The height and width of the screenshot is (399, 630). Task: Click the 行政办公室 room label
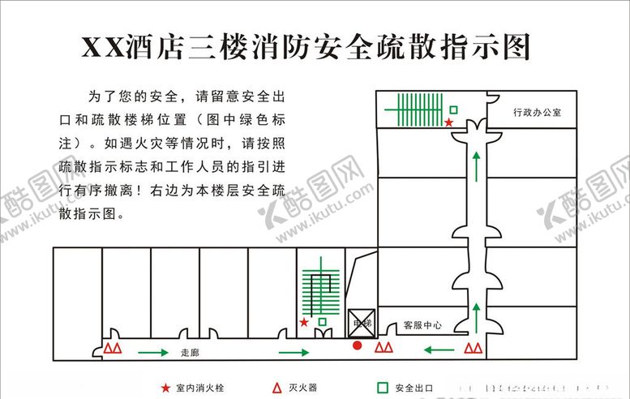tap(536, 113)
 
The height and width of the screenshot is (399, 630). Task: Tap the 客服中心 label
tap(422, 325)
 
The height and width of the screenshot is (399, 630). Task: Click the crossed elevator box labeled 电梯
tap(360, 322)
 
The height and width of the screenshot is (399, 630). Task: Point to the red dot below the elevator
tap(357, 346)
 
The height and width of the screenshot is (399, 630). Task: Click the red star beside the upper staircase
tap(448, 122)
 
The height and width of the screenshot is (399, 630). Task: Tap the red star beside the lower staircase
tap(304, 322)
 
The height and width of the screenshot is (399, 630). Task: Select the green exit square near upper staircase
tap(454, 109)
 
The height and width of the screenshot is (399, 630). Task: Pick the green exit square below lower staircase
tap(323, 323)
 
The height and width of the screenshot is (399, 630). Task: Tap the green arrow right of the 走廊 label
tap(294, 352)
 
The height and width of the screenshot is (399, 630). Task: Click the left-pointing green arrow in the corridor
tap(439, 350)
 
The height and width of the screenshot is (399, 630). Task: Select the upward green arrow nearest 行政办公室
tap(476, 167)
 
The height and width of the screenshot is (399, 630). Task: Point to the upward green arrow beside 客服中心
tap(476, 315)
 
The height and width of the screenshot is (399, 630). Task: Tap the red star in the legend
tap(165, 388)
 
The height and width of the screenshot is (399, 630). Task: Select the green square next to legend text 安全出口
tap(381, 388)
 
